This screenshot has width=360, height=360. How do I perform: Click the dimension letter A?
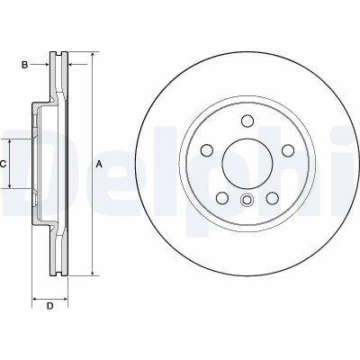click(x=99, y=164)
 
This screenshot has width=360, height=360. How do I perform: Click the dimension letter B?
click(x=24, y=65)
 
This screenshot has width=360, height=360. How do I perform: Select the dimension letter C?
click(x=3, y=164)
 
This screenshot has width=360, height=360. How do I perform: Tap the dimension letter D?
click(x=49, y=306)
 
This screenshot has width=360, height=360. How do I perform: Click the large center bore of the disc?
click(x=247, y=164)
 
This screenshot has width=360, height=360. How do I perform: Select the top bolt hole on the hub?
click(x=247, y=121)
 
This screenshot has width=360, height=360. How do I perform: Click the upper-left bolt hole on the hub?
click(x=207, y=150)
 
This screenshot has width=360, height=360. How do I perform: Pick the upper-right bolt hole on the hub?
click(x=288, y=150)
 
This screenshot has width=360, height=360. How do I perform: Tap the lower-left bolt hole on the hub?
click(x=222, y=198)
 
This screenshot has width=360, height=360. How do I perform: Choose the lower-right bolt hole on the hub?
click(x=273, y=198)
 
